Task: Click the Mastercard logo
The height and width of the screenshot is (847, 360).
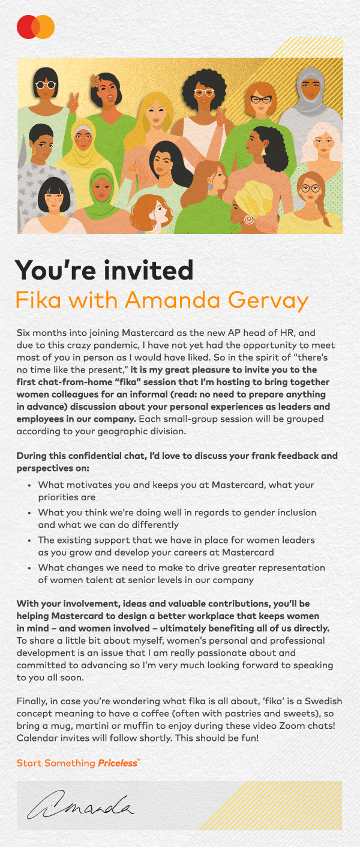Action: [x=35, y=27]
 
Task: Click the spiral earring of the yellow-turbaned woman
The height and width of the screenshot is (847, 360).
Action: [x=248, y=219]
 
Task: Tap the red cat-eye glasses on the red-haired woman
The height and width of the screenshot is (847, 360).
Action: [x=260, y=100]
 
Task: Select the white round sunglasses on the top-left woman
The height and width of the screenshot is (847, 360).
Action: [x=46, y=85]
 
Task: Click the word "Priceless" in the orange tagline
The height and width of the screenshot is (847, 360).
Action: [x=118, y=763]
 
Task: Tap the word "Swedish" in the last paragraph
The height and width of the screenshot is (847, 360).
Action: [x=324, y=701]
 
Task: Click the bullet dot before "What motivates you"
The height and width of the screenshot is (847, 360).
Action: [x=30, y=485]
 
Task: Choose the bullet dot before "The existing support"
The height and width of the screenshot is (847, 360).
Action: [x=30, y=540]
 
